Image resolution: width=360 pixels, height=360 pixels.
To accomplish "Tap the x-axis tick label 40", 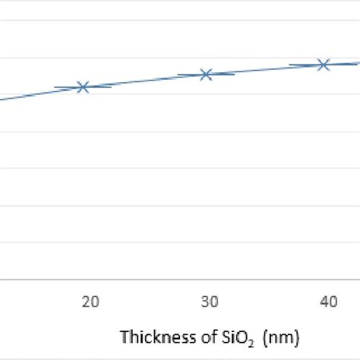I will (328, 302).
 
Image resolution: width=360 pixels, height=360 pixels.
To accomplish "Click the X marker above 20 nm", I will (84, 87).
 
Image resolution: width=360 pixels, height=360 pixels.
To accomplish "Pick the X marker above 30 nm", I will (205, 74).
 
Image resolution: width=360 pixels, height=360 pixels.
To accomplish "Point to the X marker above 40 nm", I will (324, 65).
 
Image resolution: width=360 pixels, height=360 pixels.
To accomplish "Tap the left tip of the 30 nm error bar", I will (178, 74).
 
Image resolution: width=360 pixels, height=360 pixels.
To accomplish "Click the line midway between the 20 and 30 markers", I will (144, 81).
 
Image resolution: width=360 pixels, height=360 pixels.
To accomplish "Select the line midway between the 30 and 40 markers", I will (264, 69).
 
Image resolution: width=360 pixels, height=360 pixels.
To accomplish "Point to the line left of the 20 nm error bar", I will (30, 94).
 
